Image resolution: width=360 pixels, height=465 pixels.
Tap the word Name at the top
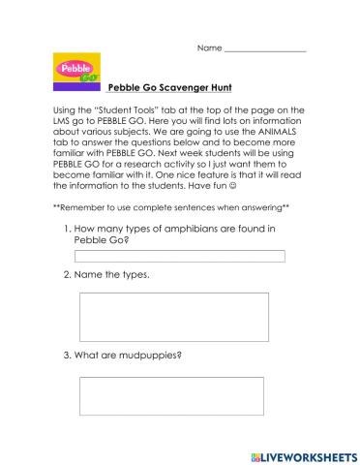[x=209, y=47]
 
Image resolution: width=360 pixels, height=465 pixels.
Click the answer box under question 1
[x=180, y=257]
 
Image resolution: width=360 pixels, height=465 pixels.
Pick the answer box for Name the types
[x=173, y=317]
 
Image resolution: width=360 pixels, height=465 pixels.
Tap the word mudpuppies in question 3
[x=149, y=354]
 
